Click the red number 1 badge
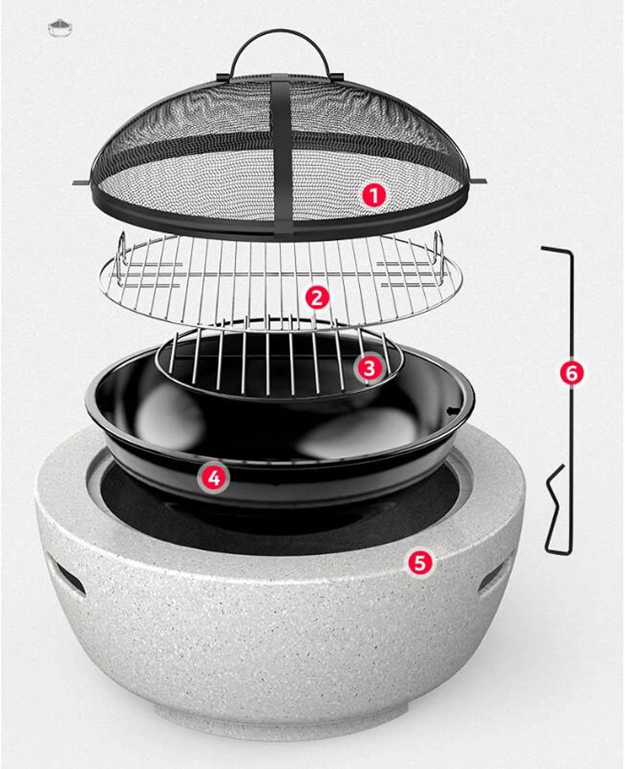point(375,196)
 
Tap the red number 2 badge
point(317,297)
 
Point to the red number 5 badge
point(420,562)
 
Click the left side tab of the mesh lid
point(82,183)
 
